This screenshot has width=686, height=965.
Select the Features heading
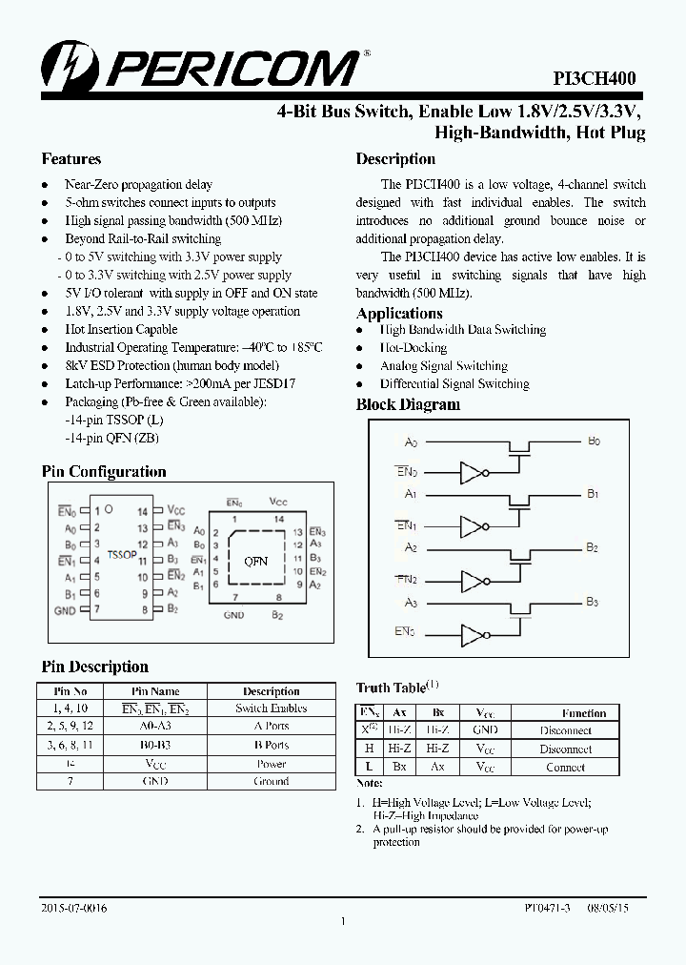point(71,159)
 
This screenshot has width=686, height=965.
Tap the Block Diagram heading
point(408,404)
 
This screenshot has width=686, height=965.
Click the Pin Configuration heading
point(104,472)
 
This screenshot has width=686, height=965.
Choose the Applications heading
point(399,313)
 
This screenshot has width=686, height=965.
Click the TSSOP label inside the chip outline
point(121,553)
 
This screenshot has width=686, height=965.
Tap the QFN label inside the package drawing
point(255,562)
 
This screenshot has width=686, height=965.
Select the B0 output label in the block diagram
point(594,441)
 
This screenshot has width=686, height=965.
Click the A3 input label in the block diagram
point(411,603)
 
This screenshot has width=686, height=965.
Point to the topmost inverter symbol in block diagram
point(473,473)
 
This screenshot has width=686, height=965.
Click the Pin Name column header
point(155,691)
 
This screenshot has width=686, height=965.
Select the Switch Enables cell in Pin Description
point(272,708)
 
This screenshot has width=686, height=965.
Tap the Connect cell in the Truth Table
point(565,767)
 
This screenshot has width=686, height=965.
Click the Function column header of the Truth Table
point(583,712)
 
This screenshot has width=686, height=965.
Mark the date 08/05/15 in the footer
point(607,909)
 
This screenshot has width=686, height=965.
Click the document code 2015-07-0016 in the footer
point(74,909)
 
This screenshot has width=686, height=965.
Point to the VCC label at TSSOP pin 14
point(175,511)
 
